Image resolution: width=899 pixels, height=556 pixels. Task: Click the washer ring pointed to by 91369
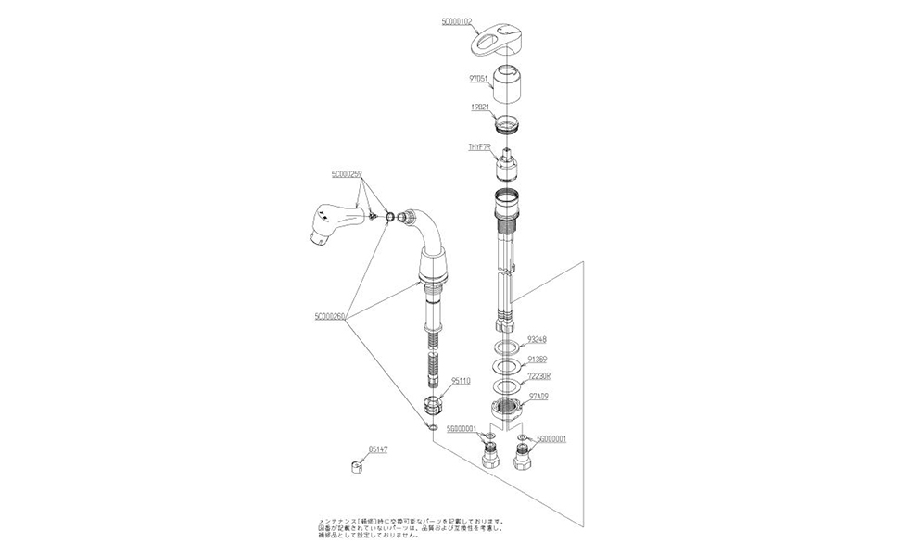506,367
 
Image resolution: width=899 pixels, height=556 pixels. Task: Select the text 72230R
539,376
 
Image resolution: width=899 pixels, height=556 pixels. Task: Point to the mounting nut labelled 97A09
508,408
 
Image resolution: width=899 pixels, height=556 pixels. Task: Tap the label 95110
462,380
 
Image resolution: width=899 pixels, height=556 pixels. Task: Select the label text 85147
378,449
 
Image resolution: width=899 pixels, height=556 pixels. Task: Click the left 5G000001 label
461,428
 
